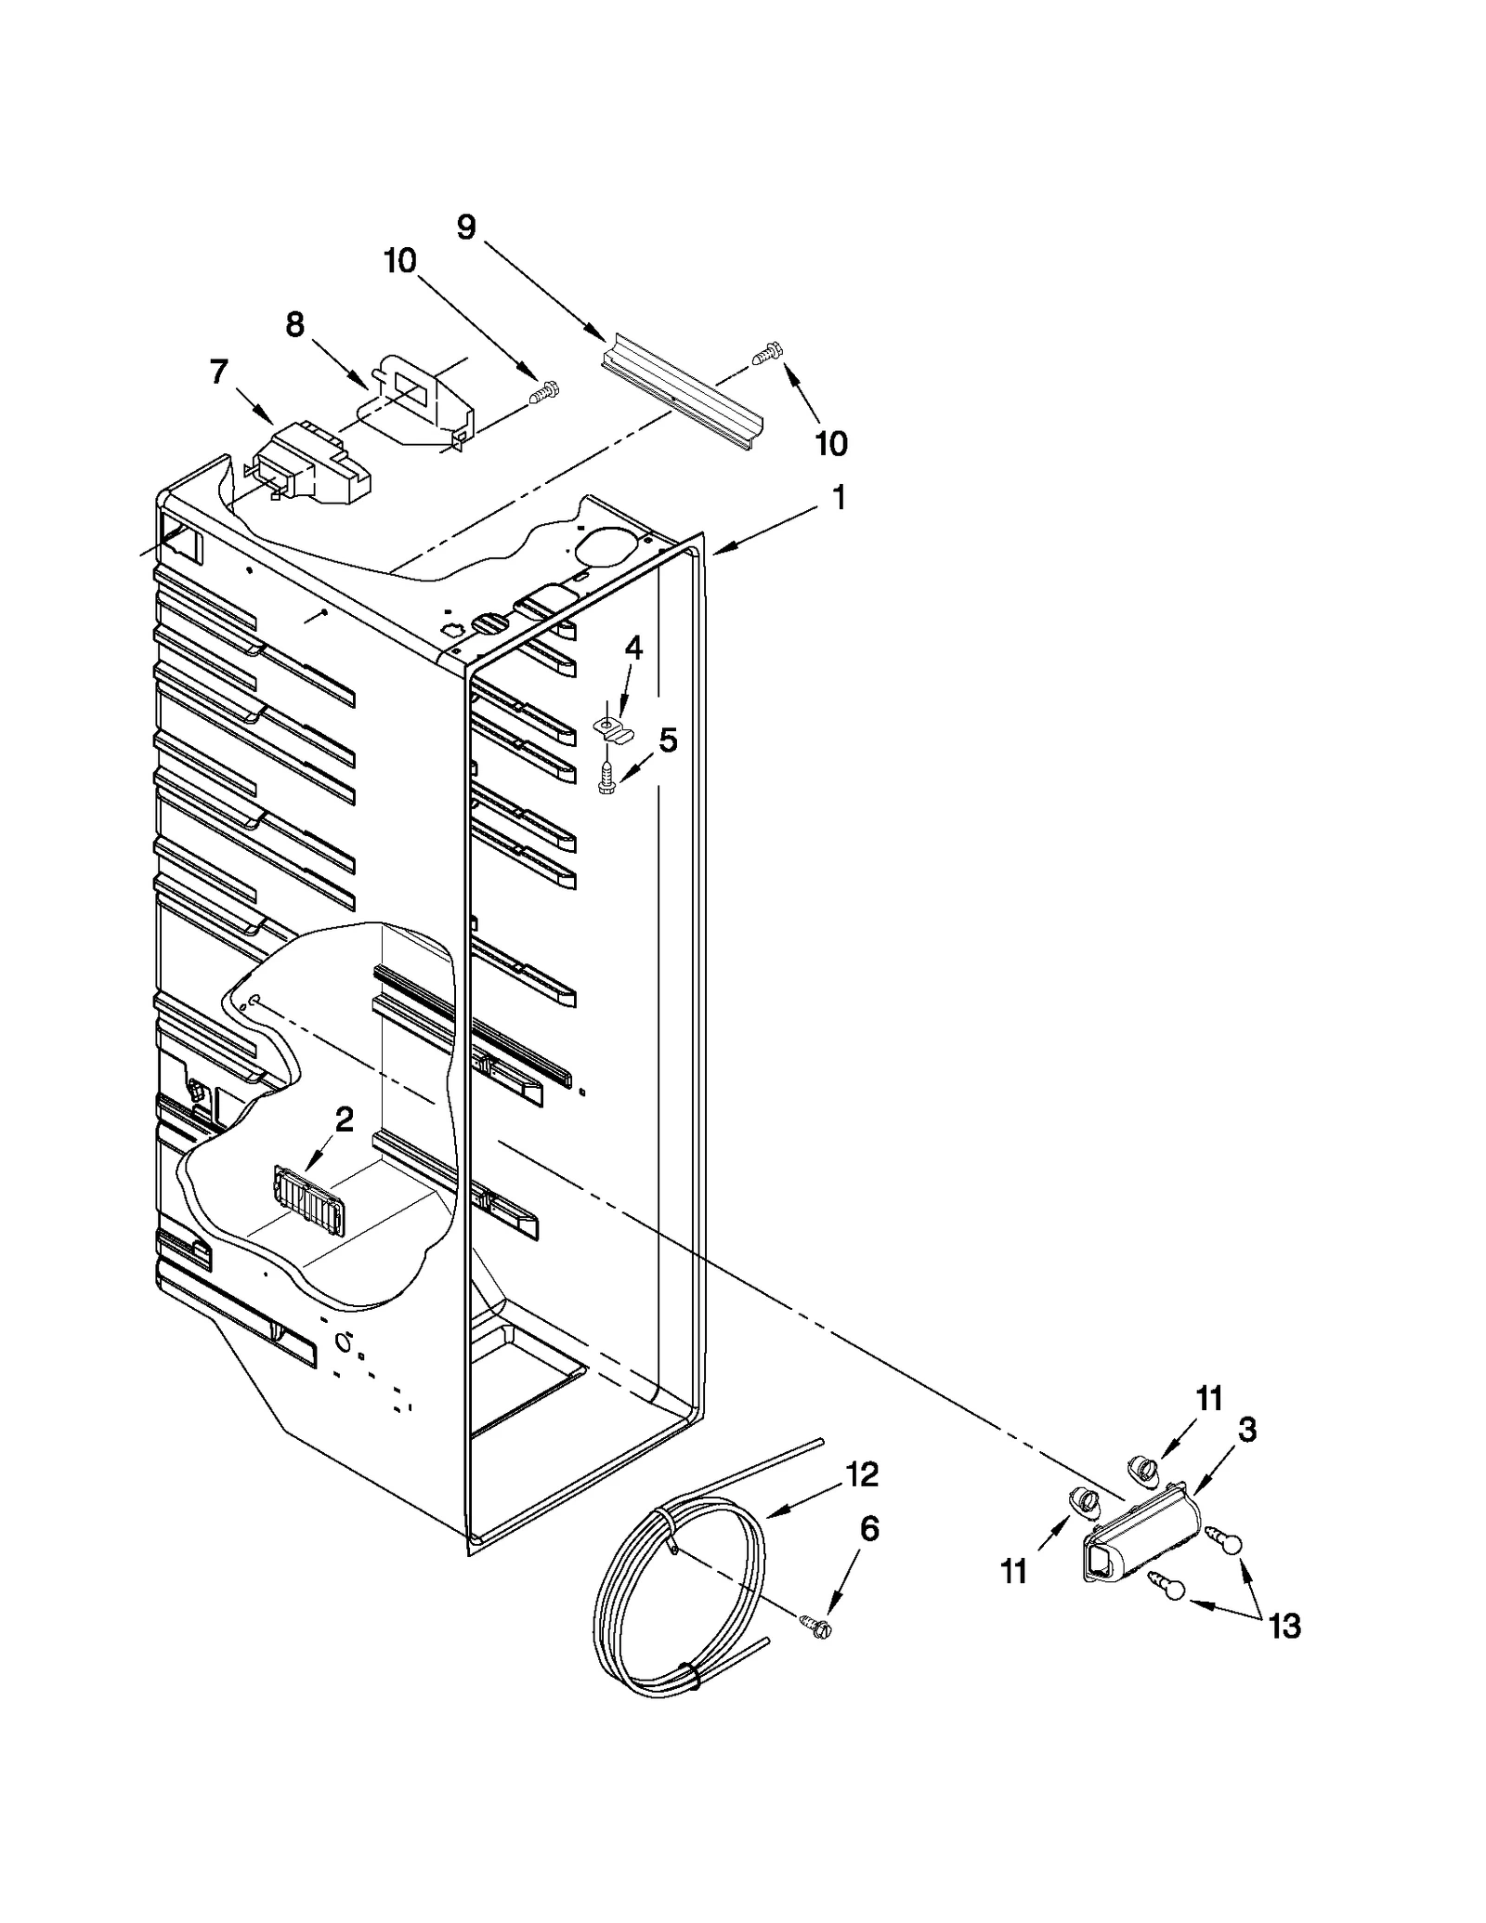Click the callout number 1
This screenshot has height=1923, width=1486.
(x=838, y=499)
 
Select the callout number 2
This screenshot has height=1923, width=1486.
(x=344, y=1120)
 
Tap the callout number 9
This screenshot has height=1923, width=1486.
(x=466, y=226)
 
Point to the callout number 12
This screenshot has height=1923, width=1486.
(x=862, y=1474)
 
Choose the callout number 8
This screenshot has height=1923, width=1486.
(x=294, y=325)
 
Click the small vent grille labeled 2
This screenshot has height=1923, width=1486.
(x=309, y=1200)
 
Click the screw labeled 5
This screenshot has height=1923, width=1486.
(x=606, y=777)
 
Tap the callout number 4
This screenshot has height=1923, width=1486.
(x=633, y=648)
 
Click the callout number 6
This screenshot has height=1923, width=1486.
(x=869, y=1528)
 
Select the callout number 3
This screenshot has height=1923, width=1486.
(x=1246, y=1430)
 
